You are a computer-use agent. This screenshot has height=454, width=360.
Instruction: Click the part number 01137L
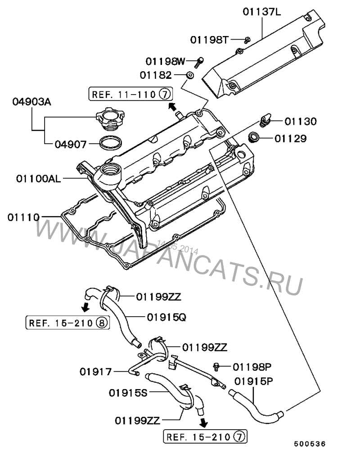click(261, 12)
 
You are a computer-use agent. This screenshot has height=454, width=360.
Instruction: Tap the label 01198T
click(209, 40)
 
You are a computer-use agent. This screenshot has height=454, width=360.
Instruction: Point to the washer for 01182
click(189, 75)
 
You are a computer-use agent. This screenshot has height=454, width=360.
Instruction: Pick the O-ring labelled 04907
click(111, 142)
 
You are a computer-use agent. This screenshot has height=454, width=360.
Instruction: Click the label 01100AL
click(39, 179)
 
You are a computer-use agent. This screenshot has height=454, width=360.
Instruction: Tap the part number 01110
click(23, 217)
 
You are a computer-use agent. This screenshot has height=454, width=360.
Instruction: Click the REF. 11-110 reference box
click(130, 94)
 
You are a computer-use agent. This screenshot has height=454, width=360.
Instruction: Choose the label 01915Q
click(166, 318)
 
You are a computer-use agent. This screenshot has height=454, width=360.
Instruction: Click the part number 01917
click(95, 372)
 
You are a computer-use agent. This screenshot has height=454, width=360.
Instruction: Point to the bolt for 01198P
click(215, 367)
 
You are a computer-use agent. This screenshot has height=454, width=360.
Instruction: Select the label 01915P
click(253, 381)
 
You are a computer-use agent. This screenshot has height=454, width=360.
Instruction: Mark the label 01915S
click(128, 393)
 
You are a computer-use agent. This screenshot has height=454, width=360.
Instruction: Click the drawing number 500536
click(310, 444)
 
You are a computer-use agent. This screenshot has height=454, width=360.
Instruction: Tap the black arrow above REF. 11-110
click(172, 106)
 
